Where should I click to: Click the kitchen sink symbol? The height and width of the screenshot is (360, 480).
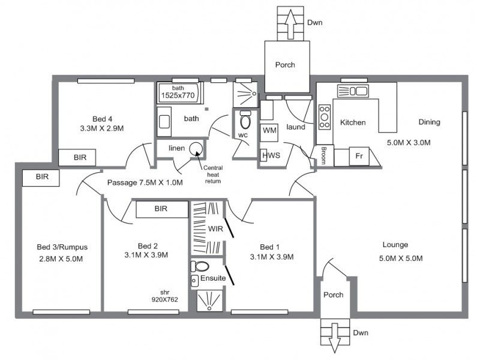pos(353,91)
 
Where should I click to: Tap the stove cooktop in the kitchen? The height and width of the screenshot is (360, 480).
pos(325,117)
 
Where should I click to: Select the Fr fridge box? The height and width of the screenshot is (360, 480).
pos(359,156)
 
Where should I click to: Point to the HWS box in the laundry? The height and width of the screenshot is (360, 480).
pos(268,155)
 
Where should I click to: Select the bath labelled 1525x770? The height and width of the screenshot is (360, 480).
pos(179,92)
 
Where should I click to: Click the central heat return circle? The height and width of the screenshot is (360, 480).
pos(196,148)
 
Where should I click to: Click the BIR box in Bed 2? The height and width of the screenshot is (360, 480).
pos(160,209)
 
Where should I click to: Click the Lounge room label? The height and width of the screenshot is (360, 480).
pos(395,245)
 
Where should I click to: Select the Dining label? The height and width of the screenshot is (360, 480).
pos(429,122)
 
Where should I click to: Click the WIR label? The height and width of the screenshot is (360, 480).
pos(215,229)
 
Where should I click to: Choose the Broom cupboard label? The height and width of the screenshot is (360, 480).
pos(324,154)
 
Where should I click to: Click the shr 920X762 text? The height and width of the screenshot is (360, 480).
pos(164,295)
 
